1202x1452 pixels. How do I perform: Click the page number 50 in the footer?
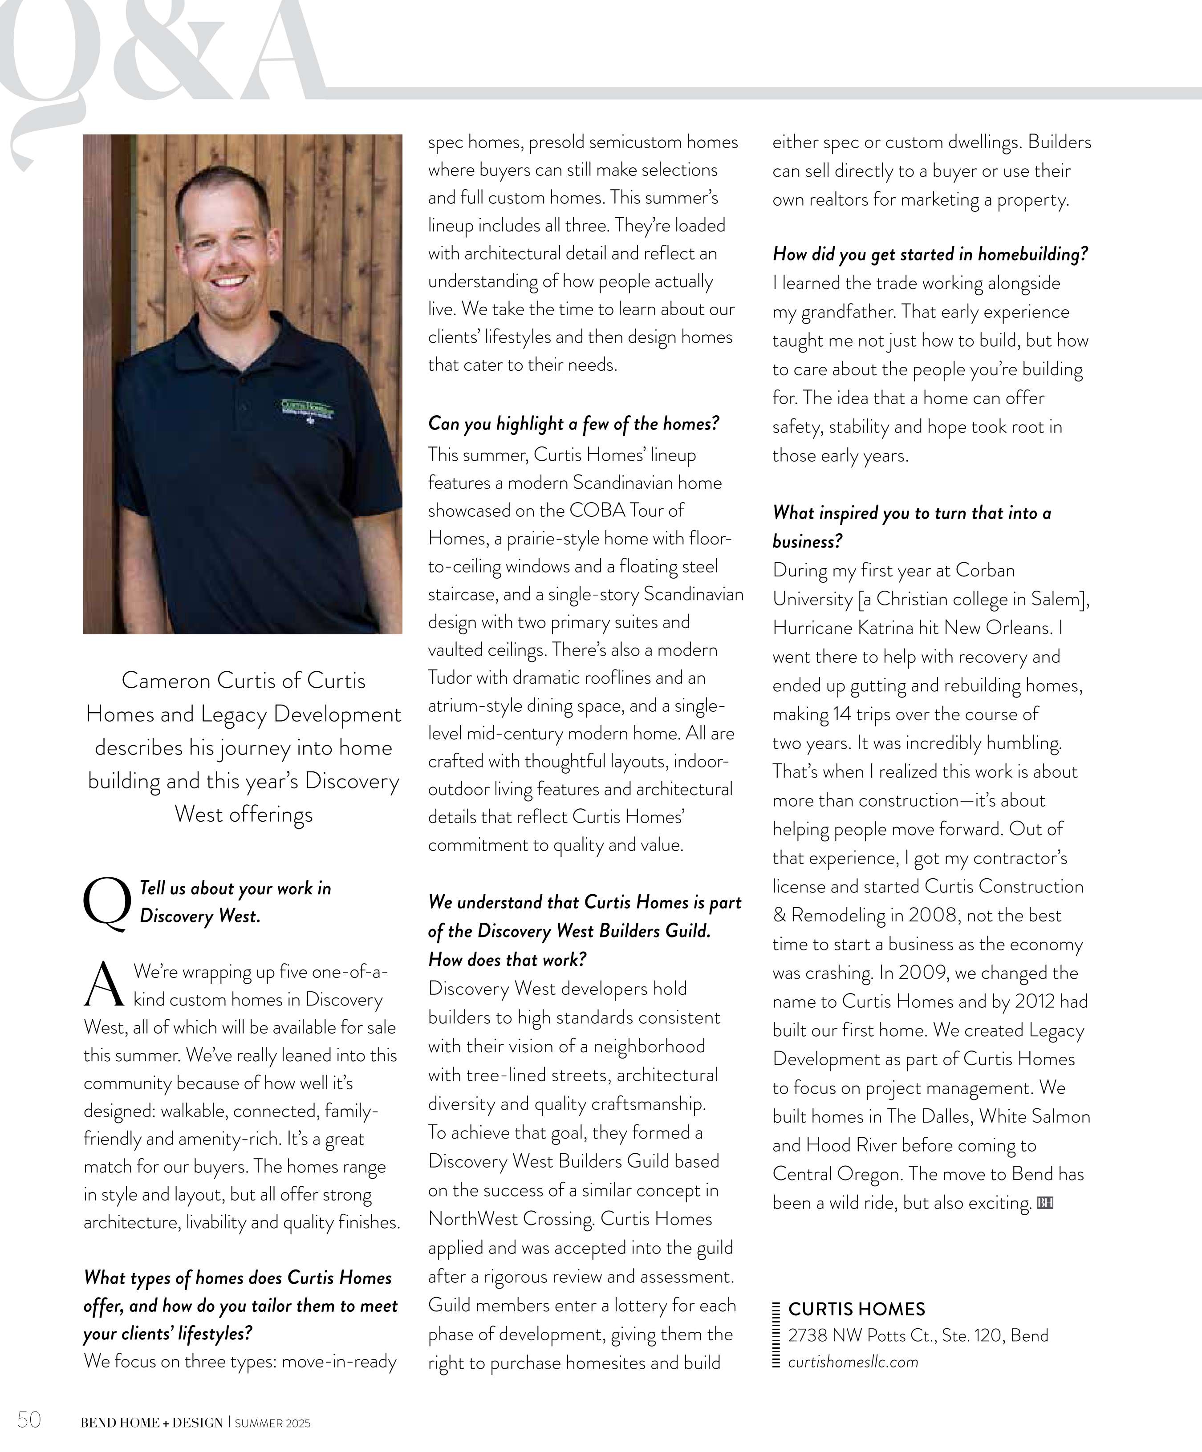tap(29, 1420)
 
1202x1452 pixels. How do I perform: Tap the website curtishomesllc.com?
tap(853, 1362)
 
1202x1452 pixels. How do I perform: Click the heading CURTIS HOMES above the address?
tap(856, 1309)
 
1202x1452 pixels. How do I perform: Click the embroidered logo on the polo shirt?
tap(307, 409)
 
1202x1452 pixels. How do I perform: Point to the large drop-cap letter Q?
tap(106, 903)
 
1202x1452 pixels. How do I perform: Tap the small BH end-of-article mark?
tap(1045, 1203)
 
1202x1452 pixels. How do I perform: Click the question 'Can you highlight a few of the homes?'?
tap(573, 423)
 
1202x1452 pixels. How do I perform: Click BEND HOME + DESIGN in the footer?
tap(151, 1423)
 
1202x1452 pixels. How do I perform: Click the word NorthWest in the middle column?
tap(474, 1219)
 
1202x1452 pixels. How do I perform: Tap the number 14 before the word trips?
tap(842, 714)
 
